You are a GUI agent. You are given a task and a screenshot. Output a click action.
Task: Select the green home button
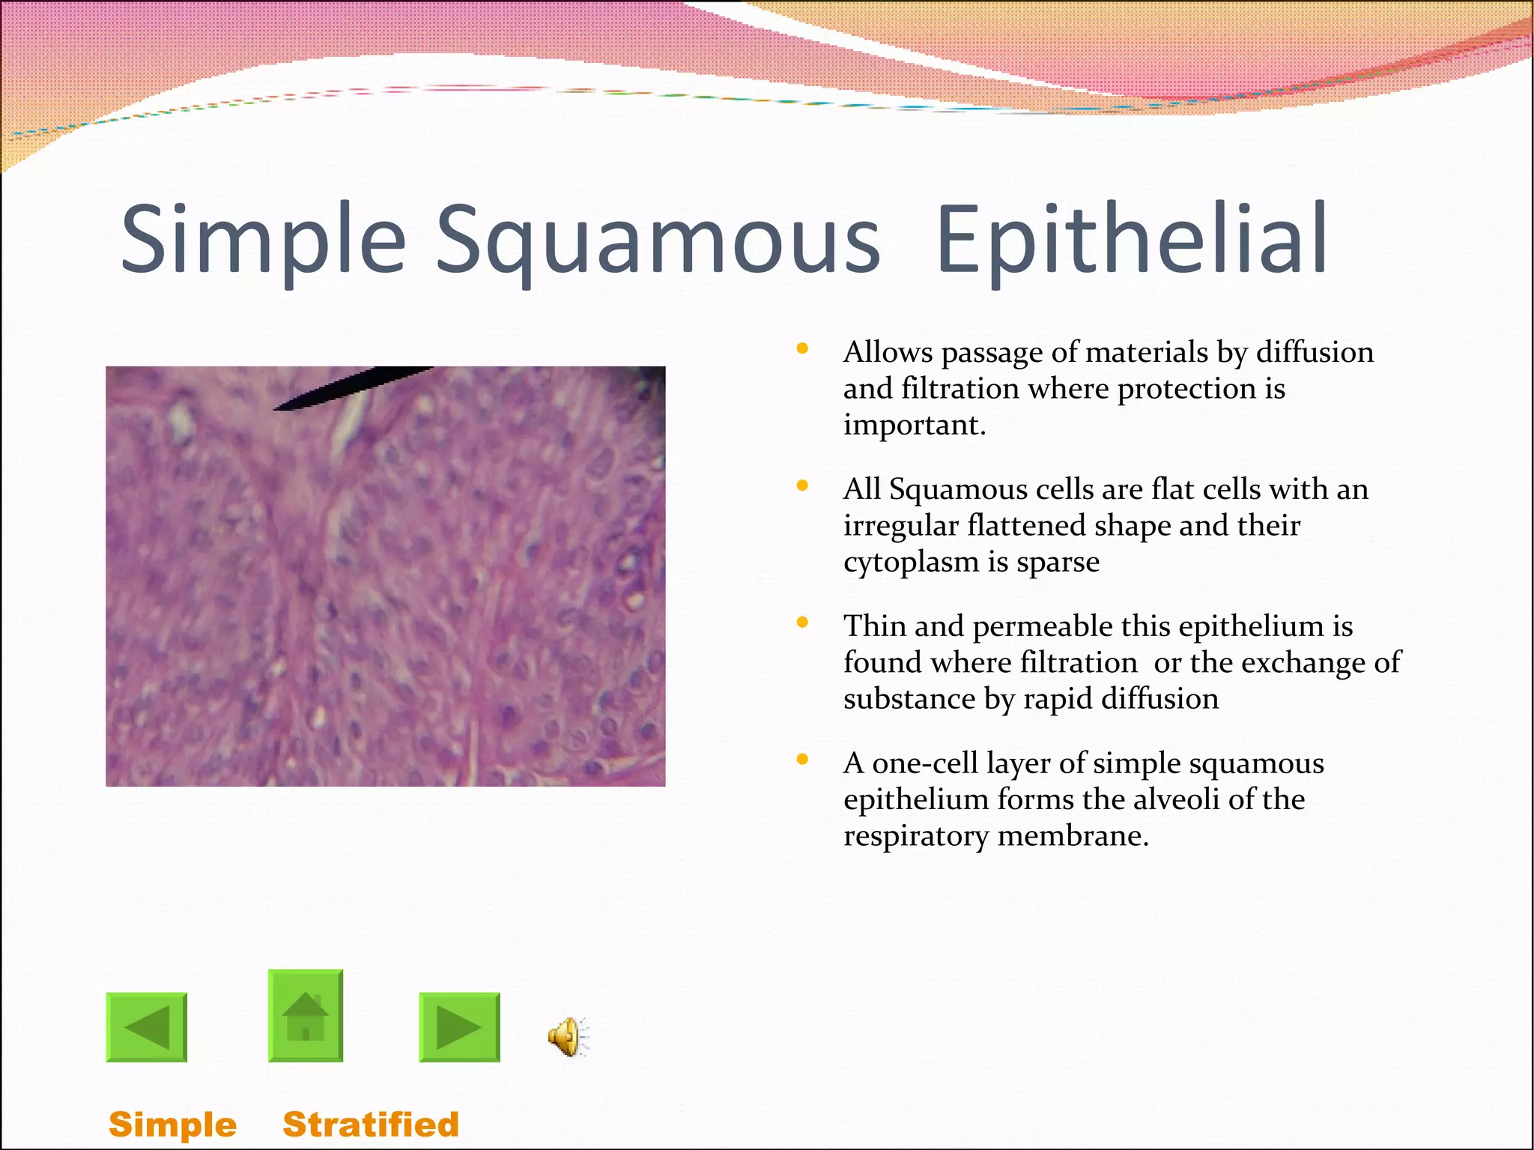coord(306,1016)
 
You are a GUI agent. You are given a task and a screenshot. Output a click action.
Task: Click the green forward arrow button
coord(459,1027)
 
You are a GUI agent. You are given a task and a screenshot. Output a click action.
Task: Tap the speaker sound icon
coord(568,1037)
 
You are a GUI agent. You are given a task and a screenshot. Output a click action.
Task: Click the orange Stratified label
coord(370,1125)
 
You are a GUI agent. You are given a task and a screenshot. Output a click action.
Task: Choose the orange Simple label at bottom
coord(172,1125)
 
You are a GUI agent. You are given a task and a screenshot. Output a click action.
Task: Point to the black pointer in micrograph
coord(352,387)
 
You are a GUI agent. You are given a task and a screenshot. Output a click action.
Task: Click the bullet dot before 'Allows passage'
coord(802,348)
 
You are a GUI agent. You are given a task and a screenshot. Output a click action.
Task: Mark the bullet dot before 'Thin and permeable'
coord(802,622)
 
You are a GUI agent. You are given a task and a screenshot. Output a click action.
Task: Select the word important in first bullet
coord(915,425)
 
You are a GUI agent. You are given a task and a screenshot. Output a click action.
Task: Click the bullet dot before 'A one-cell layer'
coord(802,759)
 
